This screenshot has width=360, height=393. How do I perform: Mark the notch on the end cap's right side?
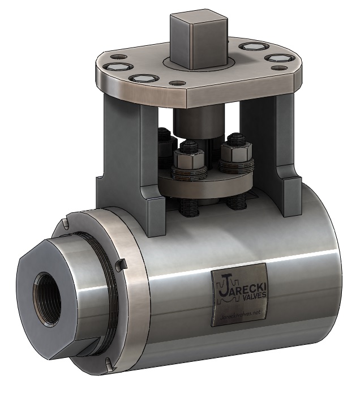119,264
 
